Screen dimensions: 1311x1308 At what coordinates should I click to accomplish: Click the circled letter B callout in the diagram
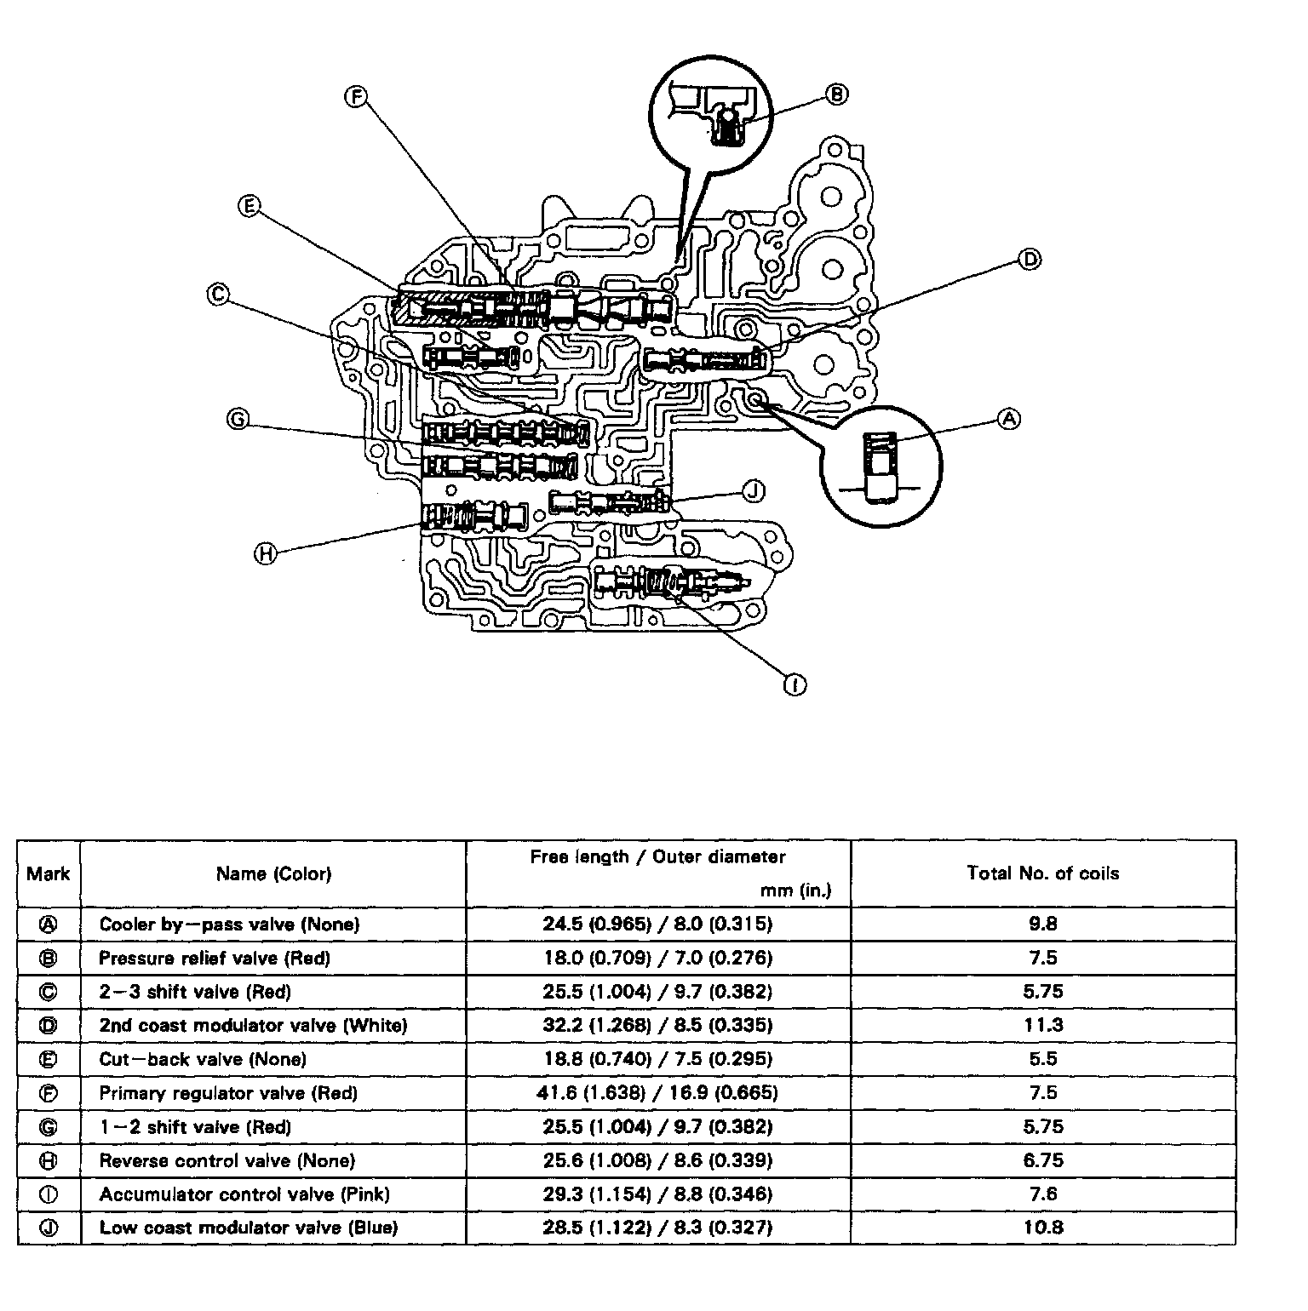click(x=837, y=94)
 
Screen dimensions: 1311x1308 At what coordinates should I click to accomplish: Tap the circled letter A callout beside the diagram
click(x=1009, y=418)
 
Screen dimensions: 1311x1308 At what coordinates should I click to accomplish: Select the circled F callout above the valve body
click(x=355, y=96)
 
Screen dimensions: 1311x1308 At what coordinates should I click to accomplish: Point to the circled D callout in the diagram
click(x=1030, y=259)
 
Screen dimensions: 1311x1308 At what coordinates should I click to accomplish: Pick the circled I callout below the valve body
click(x=795, y=684)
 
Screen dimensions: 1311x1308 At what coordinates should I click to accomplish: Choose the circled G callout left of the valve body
click(x=238, y=419)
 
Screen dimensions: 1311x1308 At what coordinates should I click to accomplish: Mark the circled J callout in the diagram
click(x=754, y=490)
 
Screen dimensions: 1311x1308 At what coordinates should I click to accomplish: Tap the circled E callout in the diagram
click(x=249, y=205)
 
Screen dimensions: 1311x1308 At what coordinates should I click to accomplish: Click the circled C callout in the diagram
click(x=218, y=295)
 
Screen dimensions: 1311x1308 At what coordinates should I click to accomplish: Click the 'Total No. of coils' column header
click(x=1042, y=873)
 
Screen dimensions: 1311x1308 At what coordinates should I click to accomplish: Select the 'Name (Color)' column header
click(x=273, y=873)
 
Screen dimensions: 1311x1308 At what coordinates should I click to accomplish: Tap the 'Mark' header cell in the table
click(x=49, y=873)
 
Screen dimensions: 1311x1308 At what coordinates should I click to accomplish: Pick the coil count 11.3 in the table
click(x=1042, y=1025)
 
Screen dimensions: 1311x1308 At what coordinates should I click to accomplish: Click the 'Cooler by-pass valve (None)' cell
click(x=229, y=924)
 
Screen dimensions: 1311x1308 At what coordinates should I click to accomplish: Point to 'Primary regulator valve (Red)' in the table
click(x=228, y=1092)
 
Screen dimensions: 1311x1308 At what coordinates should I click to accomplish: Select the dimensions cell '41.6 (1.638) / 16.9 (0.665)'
click(x=657, y=1092)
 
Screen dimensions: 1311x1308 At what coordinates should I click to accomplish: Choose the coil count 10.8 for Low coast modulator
click(x=1042, y=1227)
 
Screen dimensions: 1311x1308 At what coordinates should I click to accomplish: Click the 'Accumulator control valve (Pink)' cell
click(x=244, y=1194)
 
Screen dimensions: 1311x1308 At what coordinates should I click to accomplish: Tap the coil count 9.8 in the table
click(x=1042, y=924)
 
